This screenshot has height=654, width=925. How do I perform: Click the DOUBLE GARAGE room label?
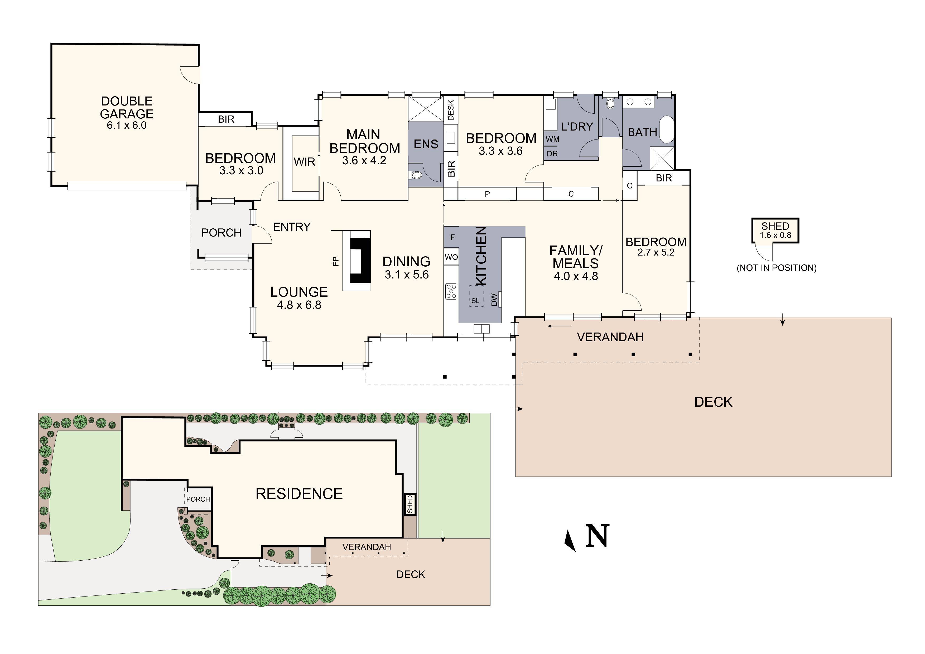pos(127,107)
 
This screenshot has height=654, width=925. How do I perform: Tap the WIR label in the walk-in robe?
pos(304,162)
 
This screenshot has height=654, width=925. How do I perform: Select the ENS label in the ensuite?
pos(426,144)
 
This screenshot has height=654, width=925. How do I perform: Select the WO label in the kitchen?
pos(451,257)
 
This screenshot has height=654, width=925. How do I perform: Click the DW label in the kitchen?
pos(494,299)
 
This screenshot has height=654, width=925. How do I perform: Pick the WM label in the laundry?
pos(552,139)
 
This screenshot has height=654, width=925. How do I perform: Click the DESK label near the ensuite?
pos(451,110)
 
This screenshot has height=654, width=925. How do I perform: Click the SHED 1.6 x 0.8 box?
pos(775,230)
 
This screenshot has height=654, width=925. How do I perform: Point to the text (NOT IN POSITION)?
pos(776,268)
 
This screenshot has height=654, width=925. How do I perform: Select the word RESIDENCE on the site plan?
pos(299,494)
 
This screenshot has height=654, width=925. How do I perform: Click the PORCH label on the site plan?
pos(198,499)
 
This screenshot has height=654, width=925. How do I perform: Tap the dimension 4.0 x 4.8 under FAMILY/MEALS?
pos(576,276)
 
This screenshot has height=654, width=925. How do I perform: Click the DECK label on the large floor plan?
pos(713,402)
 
